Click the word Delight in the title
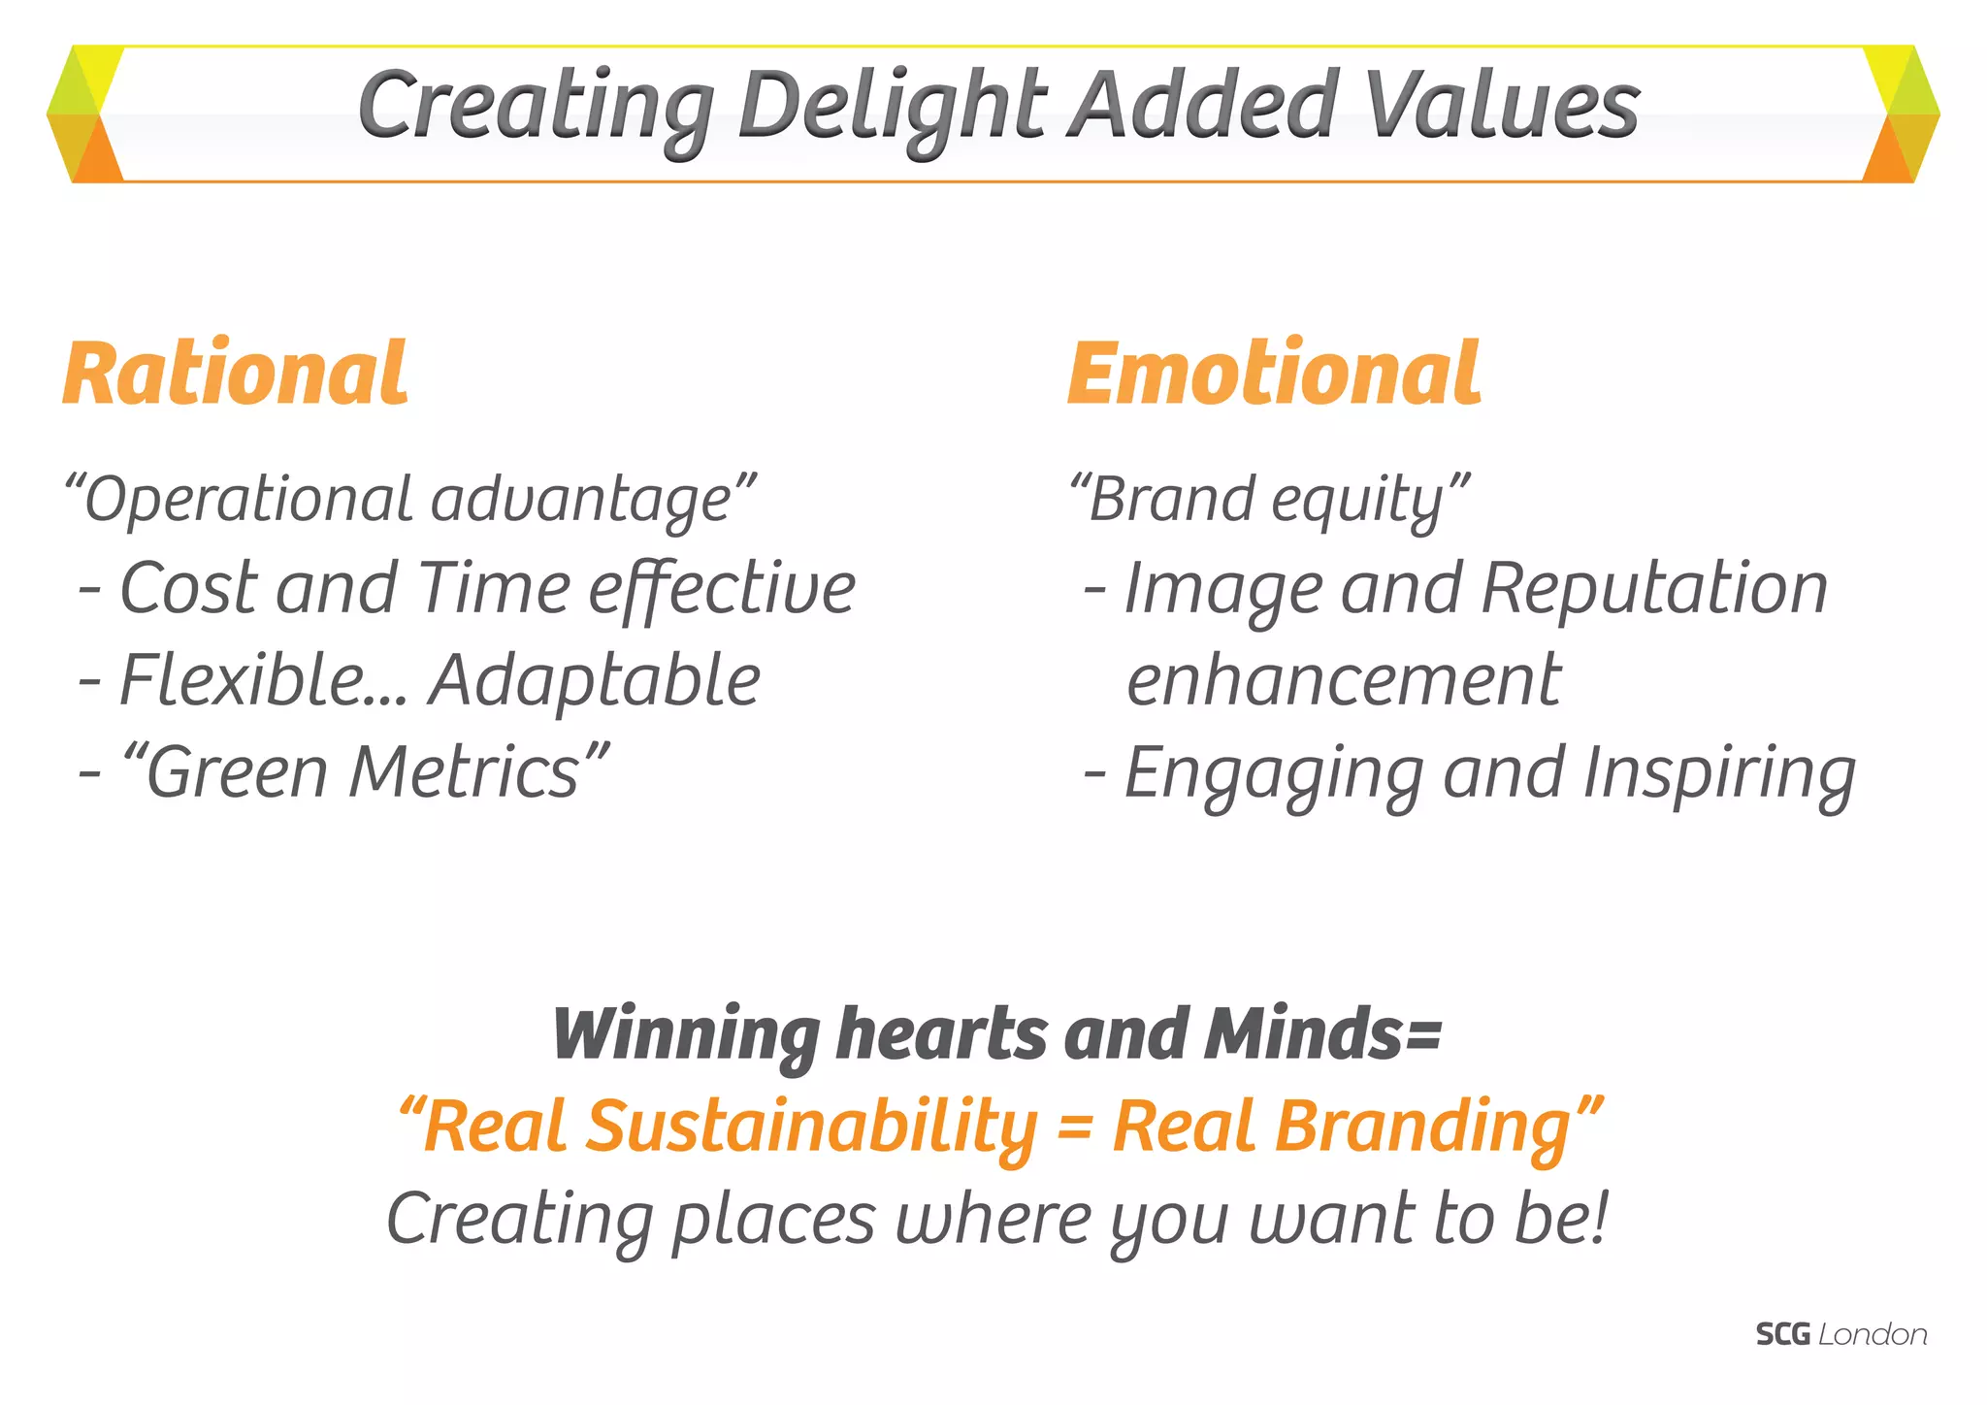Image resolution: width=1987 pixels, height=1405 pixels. [x=891, y=105]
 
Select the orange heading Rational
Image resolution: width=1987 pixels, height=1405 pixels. [x=236, y=375]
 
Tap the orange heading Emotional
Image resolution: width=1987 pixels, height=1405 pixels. [x=1274, y=375]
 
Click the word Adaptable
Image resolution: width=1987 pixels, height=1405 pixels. [x=595, y=679]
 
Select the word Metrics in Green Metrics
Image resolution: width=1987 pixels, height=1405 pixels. [x=465, y=772]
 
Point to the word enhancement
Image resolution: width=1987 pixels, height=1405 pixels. [x=1344, y=679]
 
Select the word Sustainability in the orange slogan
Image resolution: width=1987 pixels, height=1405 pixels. [x=812, y=1127]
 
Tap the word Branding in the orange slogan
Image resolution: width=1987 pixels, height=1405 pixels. [x=1341, y=1127]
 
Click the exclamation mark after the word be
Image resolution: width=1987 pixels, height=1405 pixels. [x=1600, y=1218]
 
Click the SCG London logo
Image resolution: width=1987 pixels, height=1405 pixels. [x=1840, y=1335]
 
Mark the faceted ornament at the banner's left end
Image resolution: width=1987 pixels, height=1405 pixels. [x=85, y=114]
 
